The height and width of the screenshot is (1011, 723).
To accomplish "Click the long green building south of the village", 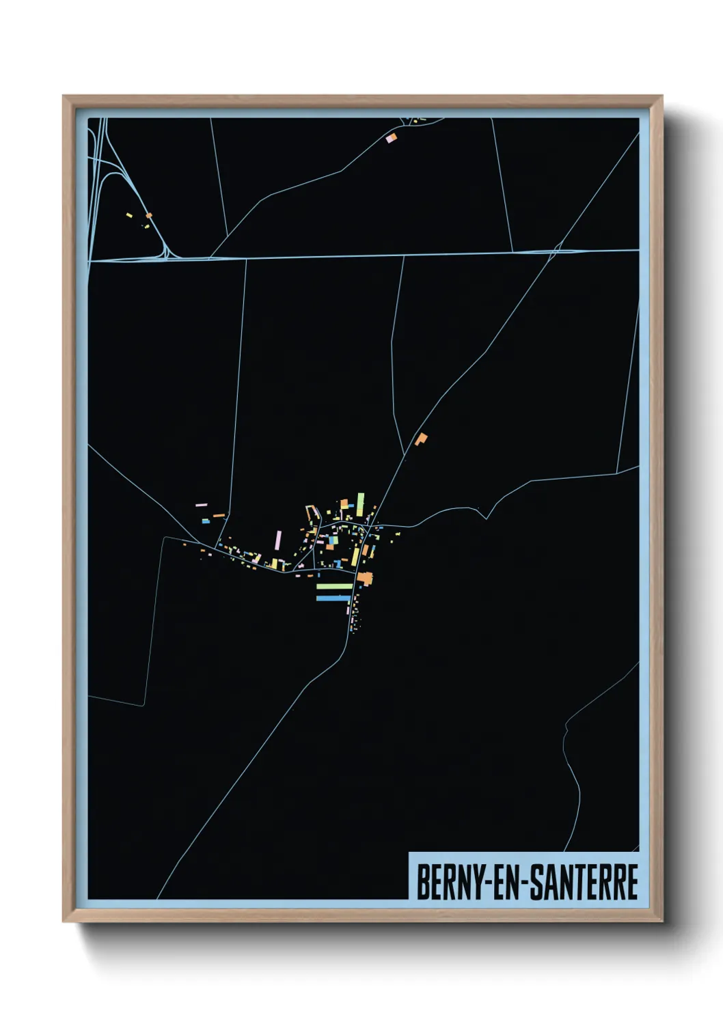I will pyautogui.click(x=334, y=586).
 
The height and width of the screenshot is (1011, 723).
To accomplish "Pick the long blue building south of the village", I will pyautogui.click(x=333, y=598).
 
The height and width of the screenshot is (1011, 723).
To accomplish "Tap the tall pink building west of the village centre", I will pyautogui.click(x=278, y=540).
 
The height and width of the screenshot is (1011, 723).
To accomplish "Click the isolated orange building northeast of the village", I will pyautogui.click(x=421, y=439).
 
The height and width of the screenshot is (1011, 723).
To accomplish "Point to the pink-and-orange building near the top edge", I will pyautogui.click(x=391, y=139).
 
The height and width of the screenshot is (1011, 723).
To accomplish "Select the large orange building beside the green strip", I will pyautogui.click(x=365, y=579).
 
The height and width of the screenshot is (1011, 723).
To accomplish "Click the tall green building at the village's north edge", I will pyautogui.click(x=360, y=503).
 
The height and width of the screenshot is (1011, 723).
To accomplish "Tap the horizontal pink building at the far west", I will pyautogui.click(x=201, y=505).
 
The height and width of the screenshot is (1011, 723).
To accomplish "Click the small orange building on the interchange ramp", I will pyautogui.click(x=149, y=216).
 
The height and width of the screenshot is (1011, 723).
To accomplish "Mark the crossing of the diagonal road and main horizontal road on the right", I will pyautogui.click(x=555, y=251).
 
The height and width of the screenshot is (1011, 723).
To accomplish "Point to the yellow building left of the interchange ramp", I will pyautogui.click(x=128, y=215).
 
